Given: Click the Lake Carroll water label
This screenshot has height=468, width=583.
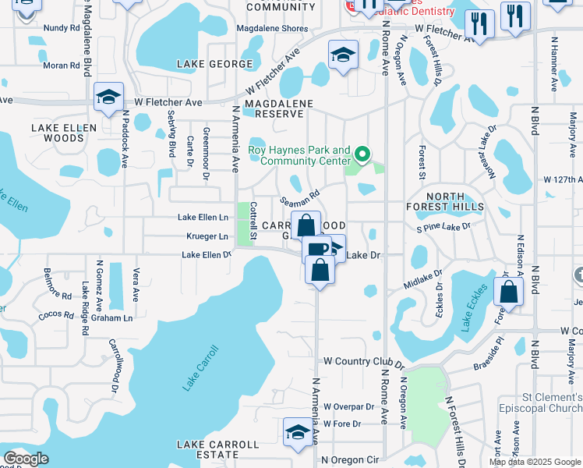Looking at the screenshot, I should pyautogui.click(x=196, y=367).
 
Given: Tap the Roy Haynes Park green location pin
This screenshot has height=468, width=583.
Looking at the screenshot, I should pyautogui.click(x=361, y=153).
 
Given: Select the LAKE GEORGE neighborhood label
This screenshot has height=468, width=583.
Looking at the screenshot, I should pyautogui.click(x=214, y=64).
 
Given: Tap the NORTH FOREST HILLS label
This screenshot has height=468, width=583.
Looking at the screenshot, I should pyautogui.click(x=445, y=201).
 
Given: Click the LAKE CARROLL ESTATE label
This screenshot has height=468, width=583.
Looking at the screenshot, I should pyautogui.click(x=217, y=449).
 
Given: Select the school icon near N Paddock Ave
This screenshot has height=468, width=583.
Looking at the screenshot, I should pyautogui.click(x=108, y=96).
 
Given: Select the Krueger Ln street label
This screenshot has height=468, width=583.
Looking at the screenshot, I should pyautogui.click(x=207, y=236).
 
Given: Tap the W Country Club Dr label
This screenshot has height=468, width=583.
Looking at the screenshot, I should pyautogui.click(x=365, y=362).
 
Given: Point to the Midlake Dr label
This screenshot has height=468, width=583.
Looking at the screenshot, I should pyautogui.click(x=422, y=280).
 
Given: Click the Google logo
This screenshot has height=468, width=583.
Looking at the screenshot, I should pyautogui.click(x=26, y=459).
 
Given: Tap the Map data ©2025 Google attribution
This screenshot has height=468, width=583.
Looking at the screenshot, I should pyautogui.click(x=535, y=462).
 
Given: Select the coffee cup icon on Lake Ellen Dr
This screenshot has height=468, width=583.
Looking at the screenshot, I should pyautogui.click(x=316, y=250).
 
